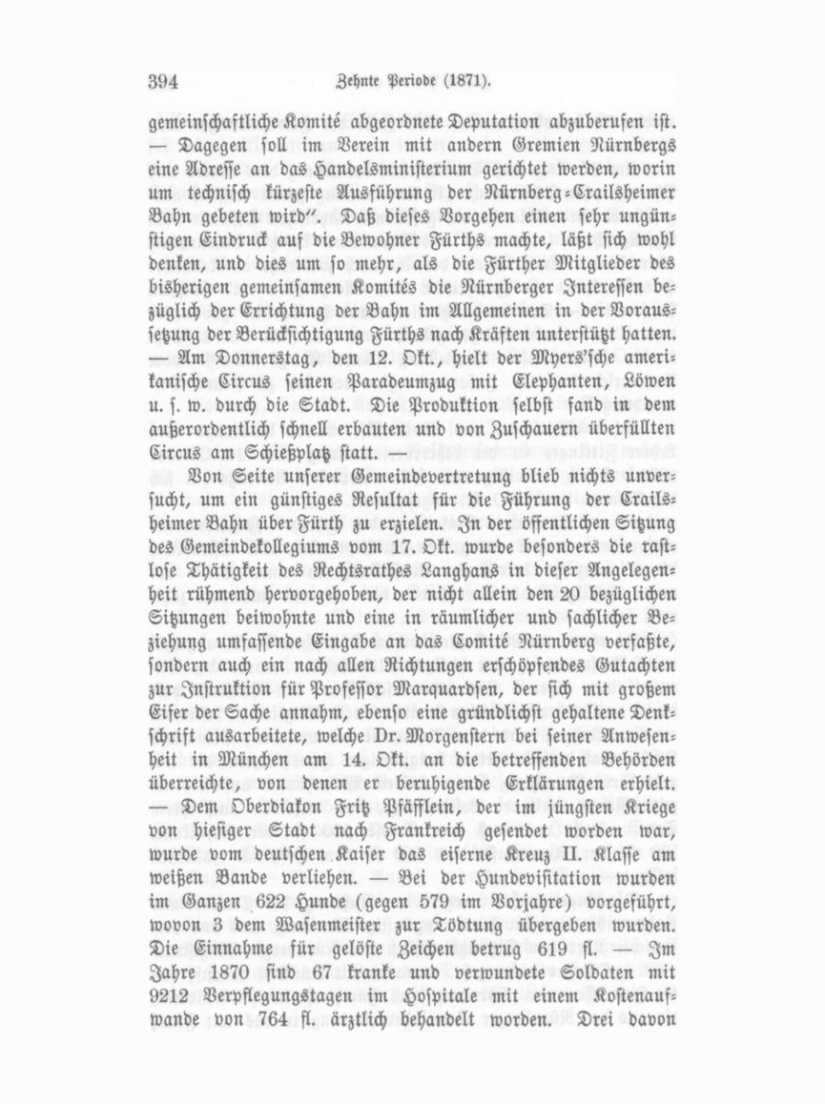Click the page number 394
tap(164, 82)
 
